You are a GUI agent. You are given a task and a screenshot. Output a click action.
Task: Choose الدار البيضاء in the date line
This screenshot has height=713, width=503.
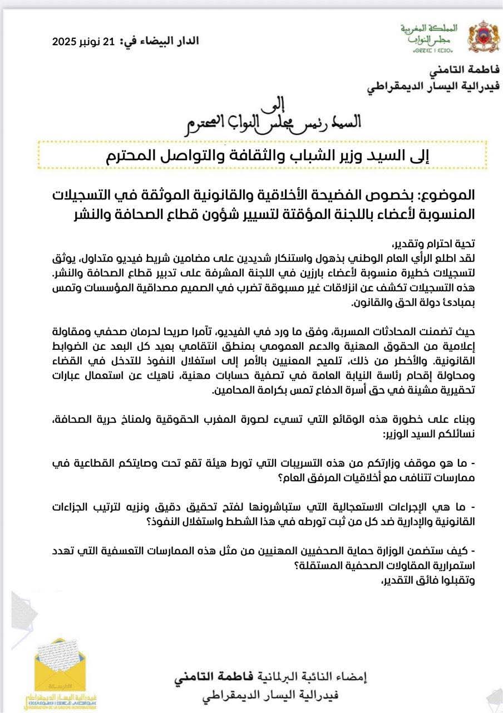click(x=165, y=41)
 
